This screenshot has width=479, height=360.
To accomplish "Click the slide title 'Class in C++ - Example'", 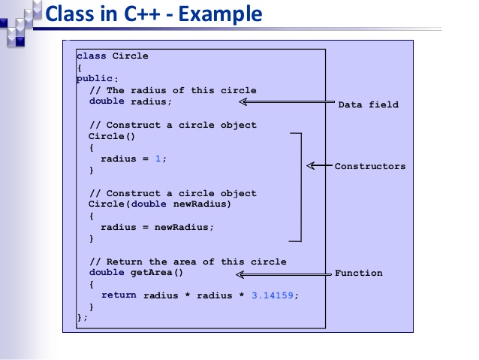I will point(154,14).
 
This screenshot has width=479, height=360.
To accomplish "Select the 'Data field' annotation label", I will point(368,104).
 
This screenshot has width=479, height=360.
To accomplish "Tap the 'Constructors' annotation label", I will point(369,166).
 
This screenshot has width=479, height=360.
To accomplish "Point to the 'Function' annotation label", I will point(358,273).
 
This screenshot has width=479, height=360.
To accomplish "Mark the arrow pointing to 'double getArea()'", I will point(283,275).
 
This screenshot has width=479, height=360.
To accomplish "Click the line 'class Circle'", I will point(113,56).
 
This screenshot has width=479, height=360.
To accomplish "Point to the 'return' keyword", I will point(119,295).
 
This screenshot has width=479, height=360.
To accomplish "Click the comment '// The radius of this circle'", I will point(173,90).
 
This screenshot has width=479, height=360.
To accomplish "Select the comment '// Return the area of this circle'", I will point(188,262).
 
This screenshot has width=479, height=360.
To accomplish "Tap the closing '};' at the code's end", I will point(83,319).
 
